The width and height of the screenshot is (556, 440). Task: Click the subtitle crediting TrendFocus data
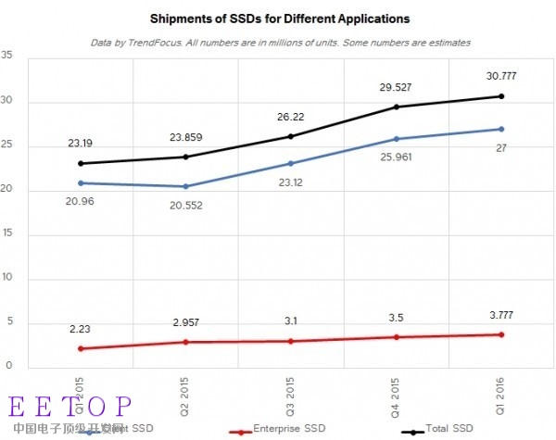(x=280, y=43)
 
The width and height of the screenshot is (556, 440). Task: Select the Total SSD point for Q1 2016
(x=501, y=96)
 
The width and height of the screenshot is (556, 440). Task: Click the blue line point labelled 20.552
(x=185, y=186)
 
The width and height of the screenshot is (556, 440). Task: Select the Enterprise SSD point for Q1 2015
(x=81, y=348)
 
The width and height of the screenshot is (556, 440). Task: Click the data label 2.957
(x=185, y=322)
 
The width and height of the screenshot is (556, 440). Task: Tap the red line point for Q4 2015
(x=396, y=337)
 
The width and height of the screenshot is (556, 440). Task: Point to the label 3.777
(x=501, y=315)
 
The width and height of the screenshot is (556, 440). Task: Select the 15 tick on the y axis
(x=7, y=234)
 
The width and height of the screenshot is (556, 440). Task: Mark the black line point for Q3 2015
(x=290, y=136)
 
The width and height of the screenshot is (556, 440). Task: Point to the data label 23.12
(x=290, y=182)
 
